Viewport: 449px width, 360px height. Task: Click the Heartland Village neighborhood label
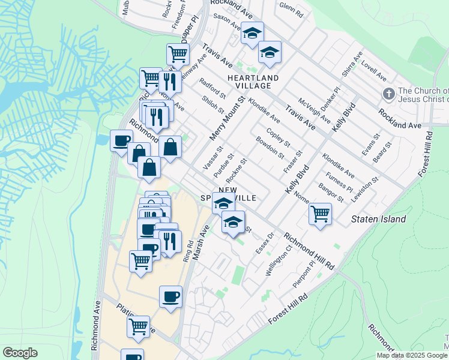(253, 82)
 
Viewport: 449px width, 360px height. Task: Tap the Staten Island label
(378, 219)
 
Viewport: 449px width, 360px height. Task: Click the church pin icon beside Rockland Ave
(388, 94)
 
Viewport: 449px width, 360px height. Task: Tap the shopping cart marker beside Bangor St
(320, 213)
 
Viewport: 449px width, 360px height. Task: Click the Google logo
(20, 353)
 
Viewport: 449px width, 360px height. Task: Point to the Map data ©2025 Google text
(412, 355)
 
